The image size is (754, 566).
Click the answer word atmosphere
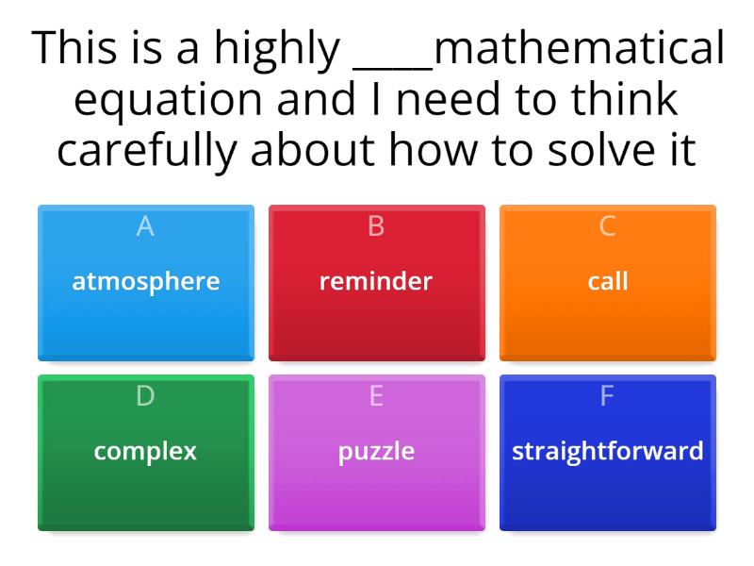click(x=146, y=281)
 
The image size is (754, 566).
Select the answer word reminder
click(x=376, y=281)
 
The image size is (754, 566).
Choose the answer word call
click(x=608, y=281)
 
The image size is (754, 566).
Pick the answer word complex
click(x=145, y=451)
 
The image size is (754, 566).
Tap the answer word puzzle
click(x=376, y=452)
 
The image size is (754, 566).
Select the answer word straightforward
click(x=608, y=451)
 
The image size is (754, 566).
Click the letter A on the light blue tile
click(x=145, y=226)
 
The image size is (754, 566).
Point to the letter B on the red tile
click(x=376, y=226)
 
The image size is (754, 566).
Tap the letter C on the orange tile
click(x=608, y=226)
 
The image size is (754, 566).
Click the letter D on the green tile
click(x=145, y=396)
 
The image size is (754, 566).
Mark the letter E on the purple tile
click(x=376, y=396)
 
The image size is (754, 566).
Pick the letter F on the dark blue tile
click(x=608, y=396)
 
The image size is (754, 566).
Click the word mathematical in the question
click(x=580, y=49)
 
